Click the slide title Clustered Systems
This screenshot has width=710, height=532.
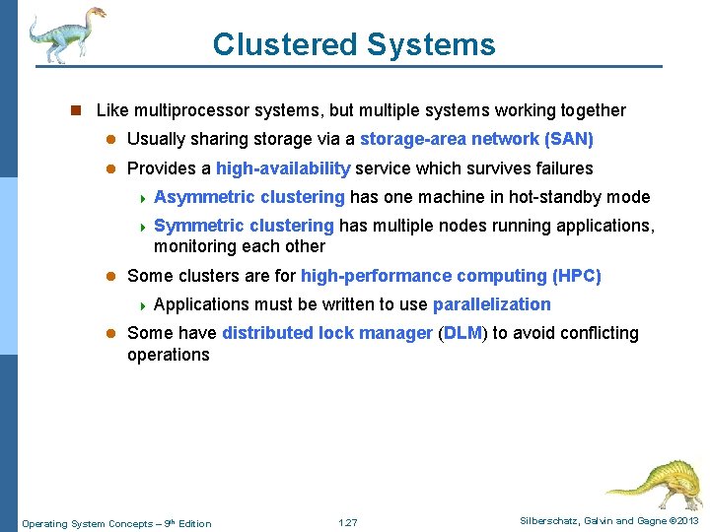click(354, 44)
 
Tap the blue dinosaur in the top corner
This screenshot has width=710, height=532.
click(65, 33)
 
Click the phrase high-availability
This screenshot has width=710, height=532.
click(283, 168)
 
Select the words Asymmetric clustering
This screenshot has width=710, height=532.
click(249, 197)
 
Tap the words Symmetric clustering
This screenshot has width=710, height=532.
click(244, 226)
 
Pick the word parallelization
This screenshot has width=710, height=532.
click(491, 304)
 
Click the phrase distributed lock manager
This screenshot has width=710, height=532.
click(326, 333)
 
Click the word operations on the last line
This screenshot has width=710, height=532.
click(169, 355)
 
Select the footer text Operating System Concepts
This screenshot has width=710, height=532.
click(89, 523)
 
